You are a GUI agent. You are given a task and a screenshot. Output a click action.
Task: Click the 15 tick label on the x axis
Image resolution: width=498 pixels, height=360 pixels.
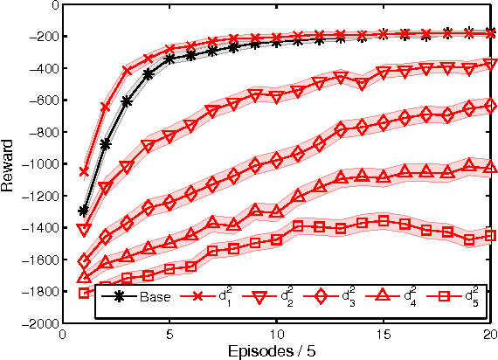[383, 334]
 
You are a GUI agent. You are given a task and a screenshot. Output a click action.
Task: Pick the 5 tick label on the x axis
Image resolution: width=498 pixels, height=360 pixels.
[169, 334]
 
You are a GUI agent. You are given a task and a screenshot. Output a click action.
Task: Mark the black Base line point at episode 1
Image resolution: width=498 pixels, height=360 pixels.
[84, 211]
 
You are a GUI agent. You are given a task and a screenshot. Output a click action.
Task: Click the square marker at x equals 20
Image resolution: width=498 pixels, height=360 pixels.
[490, 235]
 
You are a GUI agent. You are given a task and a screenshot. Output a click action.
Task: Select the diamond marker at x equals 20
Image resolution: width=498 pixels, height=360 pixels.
[490, 106]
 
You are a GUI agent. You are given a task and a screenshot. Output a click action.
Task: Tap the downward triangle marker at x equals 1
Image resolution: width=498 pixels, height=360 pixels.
[84, 229]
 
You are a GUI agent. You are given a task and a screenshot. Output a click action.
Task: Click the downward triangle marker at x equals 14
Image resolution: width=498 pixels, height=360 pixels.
[362, 84]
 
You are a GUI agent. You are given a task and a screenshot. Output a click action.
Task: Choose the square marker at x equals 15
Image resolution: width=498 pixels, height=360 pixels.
[383, 221]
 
